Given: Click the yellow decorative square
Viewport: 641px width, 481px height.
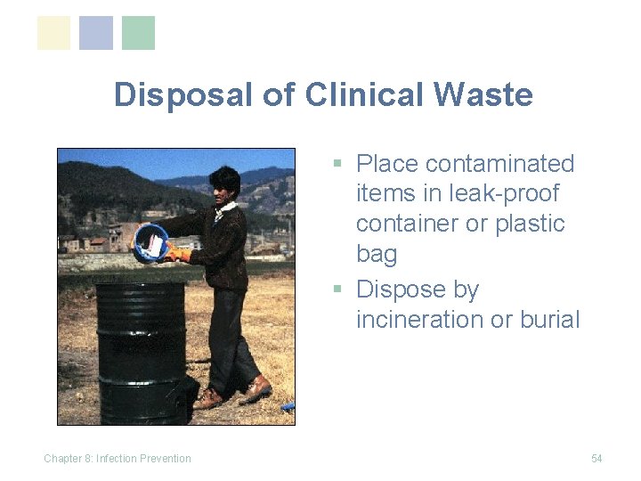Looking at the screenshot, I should [x=53, y=33].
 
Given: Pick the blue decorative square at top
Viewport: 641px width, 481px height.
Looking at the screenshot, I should [x=96, y=33].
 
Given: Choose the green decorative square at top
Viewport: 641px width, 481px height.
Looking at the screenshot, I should [x=138, y=33].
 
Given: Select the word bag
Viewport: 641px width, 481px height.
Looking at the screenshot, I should [x=377, y=255].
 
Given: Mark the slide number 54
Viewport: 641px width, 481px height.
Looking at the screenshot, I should [x=596, y=459].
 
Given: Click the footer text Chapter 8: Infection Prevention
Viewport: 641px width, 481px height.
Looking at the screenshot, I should [x=118, y=459].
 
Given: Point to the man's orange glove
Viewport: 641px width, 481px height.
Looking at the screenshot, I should [x=179, y=255].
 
